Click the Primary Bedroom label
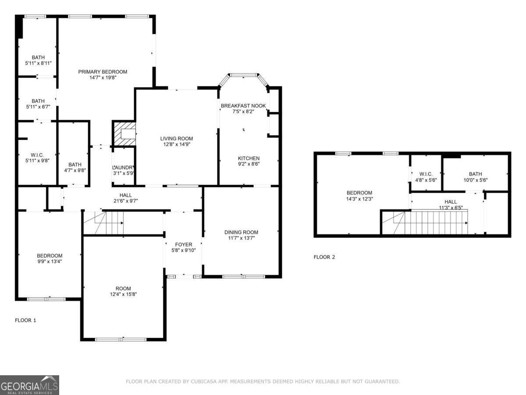click(103, 72)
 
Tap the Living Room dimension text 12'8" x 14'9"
click(176, 144)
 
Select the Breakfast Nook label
click(243, 106)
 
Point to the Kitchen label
click(249, 158)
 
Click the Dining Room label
click(241, 232)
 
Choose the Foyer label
click(183, 244)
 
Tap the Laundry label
click(123, 167)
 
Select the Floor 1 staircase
click(103, 223)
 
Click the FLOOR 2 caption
click(324, 257)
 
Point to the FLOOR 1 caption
click(25, 320)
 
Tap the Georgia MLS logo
click(29, 385)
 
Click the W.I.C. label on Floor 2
click(426, 174)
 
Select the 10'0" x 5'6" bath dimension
click(475, 180)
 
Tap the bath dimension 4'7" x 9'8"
click(75, 170)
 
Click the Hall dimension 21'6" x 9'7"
click(125, 201)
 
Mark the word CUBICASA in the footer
click(203, 382)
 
